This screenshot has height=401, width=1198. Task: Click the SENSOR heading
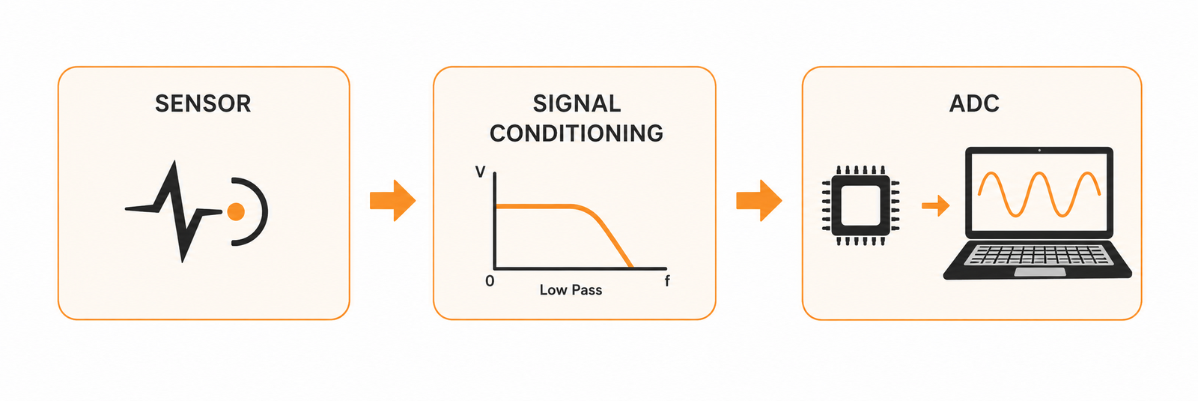coord(203,103)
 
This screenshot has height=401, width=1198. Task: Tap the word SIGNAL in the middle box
coord(577,103)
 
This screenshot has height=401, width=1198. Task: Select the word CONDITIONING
coord(576,133)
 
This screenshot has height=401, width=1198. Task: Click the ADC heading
coord(974,103)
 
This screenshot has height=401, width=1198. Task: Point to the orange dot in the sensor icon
coord(236,211)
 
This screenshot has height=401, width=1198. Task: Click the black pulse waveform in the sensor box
coord(174,209)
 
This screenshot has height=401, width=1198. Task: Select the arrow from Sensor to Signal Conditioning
coord(392,201)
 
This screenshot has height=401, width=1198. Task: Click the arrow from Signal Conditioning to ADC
coord(759,201)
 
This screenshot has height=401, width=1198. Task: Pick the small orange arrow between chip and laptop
coord(935,205)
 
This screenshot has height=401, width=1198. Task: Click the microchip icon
coord(860,205)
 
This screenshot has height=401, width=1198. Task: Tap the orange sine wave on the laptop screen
coord(1039,194)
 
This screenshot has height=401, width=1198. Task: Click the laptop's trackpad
coord(1040,272)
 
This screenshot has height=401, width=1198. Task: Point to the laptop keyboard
coord(1039,255)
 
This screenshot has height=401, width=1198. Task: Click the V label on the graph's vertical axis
coord(480,172)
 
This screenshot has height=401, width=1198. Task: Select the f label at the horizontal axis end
coord(667,280)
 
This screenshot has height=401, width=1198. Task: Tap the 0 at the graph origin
coord(490,281)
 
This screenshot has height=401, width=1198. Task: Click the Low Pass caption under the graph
coord(571,290)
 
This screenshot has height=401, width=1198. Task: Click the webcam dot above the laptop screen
coord(1039,151)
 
